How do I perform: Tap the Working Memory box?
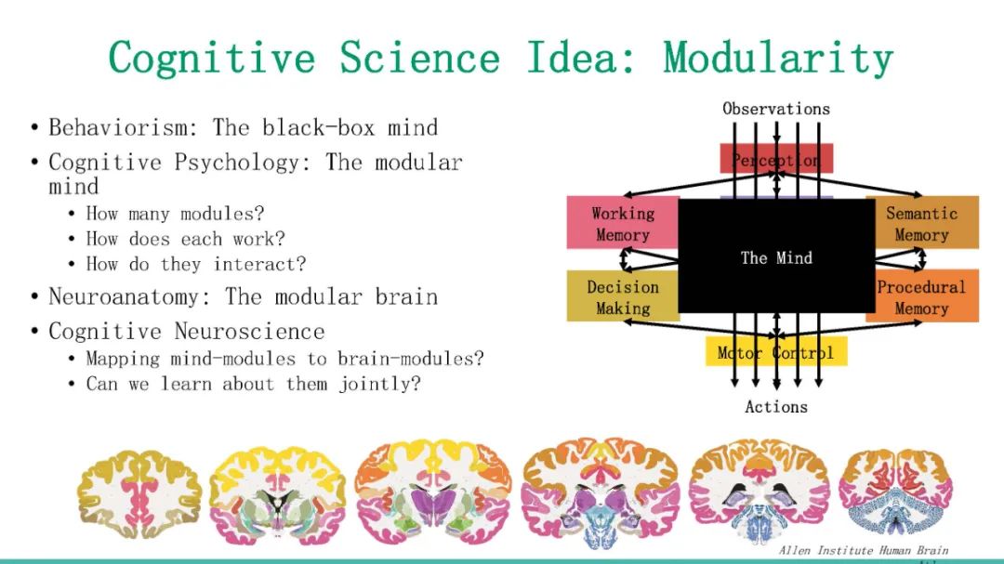coord(623,223)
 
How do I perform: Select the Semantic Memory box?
coord(921,223)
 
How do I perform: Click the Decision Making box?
coord(623,296)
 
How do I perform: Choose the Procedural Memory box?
coord(921,296)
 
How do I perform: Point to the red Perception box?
coord(776,159)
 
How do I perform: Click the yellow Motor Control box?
coord(776,352)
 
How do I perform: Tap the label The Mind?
coord(776,257)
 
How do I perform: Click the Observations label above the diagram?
coord(776,109)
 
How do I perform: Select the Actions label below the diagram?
coord(776,406)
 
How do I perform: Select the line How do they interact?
coord(195,264)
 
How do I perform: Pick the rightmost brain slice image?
coord(894,490)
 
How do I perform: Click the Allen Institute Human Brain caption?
coord(864,550)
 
